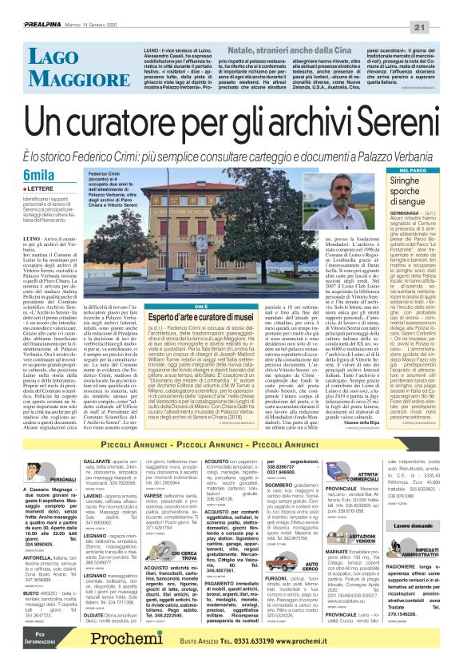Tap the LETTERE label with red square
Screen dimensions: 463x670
[36, 189]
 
